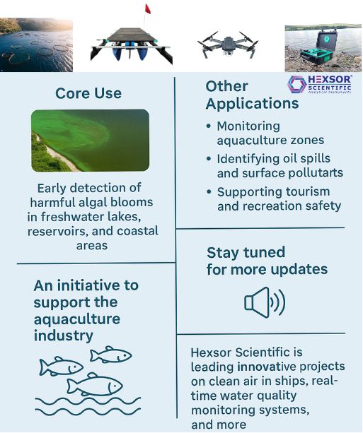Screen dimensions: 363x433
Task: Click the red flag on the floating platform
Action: (x=148, y=9)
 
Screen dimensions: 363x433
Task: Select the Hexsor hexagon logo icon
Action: (x=296, y=84)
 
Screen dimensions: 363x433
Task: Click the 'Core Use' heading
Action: (x=88, y=93)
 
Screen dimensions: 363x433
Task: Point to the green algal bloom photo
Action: (x=90, y=141)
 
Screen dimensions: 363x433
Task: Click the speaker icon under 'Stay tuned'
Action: (x=265, y=302)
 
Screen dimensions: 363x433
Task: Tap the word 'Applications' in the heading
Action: (x=252, y=104)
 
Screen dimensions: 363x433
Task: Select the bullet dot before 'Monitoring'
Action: (x=209, y=126)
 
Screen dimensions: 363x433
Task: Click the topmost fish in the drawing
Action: (x=110, y=355)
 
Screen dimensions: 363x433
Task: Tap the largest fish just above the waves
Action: (x=95, y=384)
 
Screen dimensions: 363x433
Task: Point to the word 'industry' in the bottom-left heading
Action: (x=64, y=336)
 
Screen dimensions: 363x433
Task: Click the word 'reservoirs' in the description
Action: (x=58, y=231)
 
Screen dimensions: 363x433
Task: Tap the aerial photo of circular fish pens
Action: (x=36, y=45)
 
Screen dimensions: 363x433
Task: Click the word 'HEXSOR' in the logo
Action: (x=330, y=80)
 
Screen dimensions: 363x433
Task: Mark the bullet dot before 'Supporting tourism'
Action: (x=209, y=191)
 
